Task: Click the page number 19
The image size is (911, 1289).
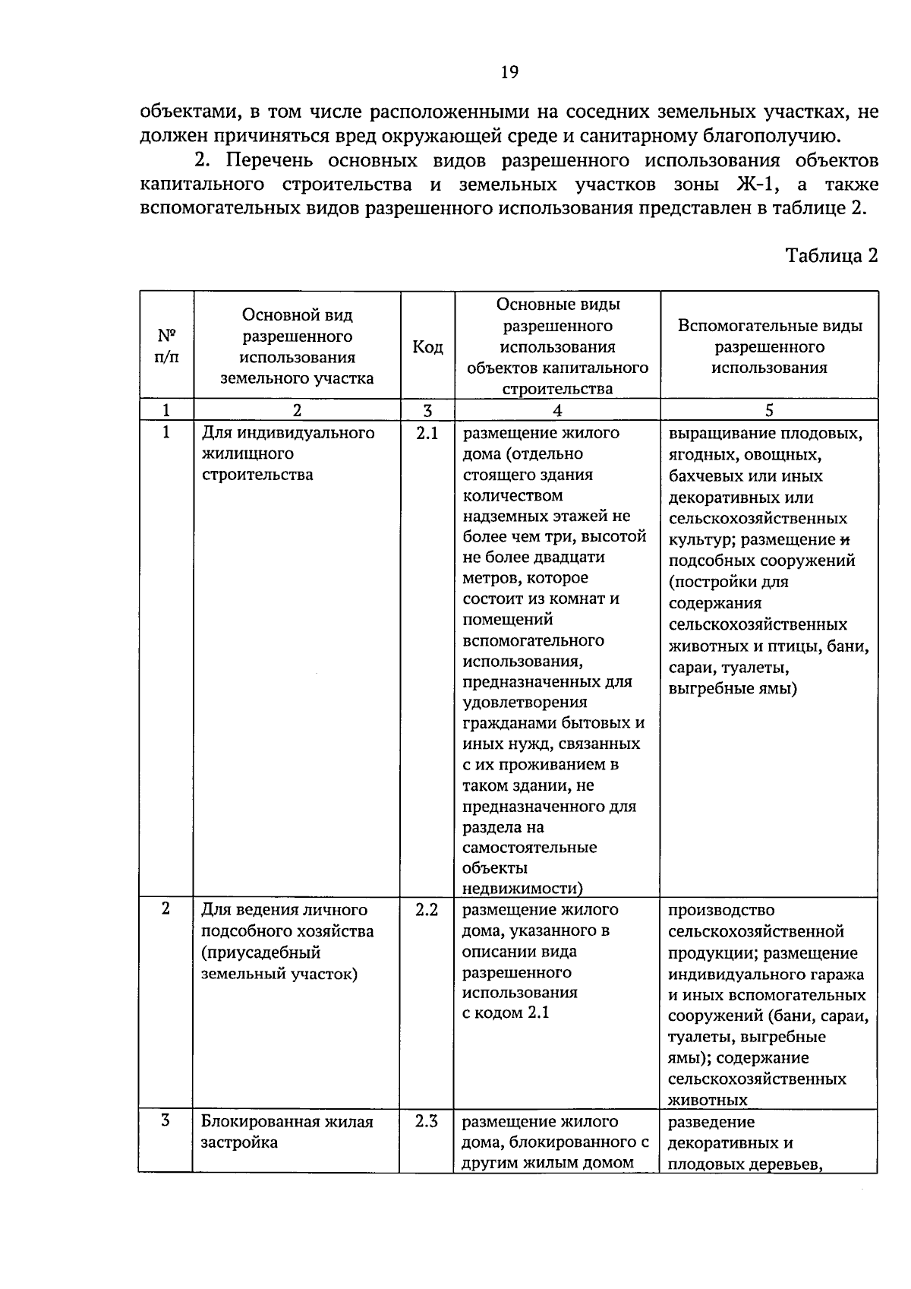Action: (509, 72)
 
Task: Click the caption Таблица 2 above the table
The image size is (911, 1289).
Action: (831, 255)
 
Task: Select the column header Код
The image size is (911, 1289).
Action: (427, 347)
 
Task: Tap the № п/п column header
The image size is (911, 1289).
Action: (166, 346)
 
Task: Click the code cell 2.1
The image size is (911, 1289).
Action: (427, 434)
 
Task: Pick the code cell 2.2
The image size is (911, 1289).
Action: (427, 910)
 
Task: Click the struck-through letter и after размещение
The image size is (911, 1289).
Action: (843, 540)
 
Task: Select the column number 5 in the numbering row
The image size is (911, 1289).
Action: (769, 410)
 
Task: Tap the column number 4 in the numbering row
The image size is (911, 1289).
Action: (557, 410)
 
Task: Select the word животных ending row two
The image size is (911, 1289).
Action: (708, 1100)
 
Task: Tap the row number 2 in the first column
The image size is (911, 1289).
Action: (166, 909)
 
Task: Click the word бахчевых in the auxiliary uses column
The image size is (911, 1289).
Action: (707, 476)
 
